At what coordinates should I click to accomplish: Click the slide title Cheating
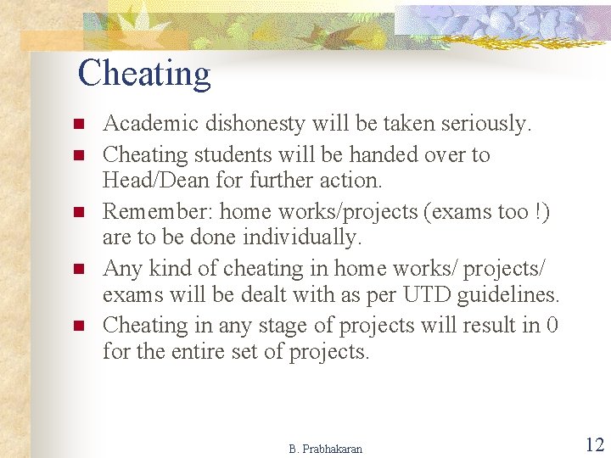[x=143, y=74]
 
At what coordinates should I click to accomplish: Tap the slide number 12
[x=594, y=444]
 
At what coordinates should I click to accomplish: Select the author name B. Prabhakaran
[x=325, y=449]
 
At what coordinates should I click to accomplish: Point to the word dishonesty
[x=247, y=124]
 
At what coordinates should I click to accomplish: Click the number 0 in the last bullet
[x=552, y=326]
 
